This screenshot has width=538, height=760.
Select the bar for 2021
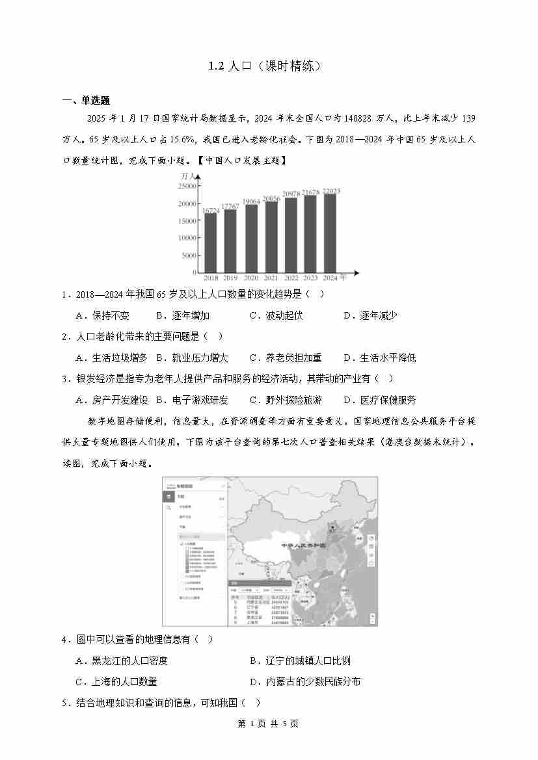(271, 237)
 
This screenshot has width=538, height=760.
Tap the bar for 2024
(330, 233)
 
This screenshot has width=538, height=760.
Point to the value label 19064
(250, 202)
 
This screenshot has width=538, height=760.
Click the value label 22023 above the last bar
(331, 191)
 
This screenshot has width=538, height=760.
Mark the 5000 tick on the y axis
(188, 256)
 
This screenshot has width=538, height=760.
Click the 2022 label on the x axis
(291, 278)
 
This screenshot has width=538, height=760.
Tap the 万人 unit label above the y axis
(188, 176)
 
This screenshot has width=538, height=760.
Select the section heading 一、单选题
(86, 101)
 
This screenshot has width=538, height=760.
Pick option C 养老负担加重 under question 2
(286, 358)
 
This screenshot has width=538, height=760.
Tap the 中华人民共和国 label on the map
(303, 545)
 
